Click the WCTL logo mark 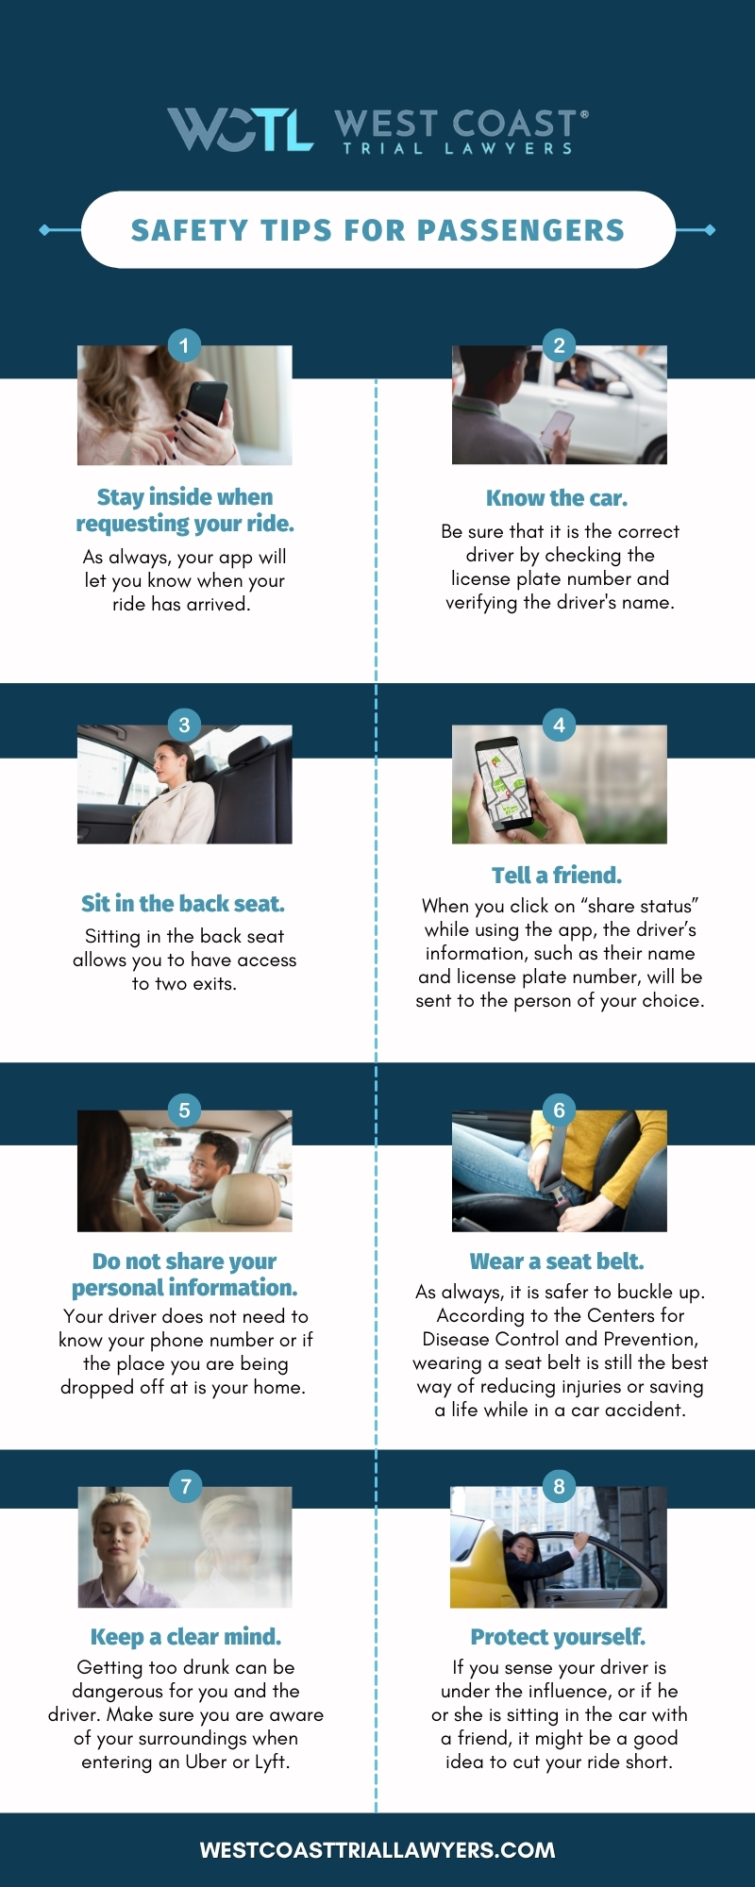[240, 129]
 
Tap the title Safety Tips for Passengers [377, 230]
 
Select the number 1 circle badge [184, 345]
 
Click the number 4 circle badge [559, 725]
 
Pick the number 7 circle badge [186, 1487]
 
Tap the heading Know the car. [557, 498]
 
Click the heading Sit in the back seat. [183, 904]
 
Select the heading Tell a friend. [557, 876]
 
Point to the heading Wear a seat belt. [557, 1261]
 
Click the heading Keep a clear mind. [186, 1637]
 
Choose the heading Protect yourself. [558, 1637]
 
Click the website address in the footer [377, 1850]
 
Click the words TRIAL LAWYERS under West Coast [458, 148]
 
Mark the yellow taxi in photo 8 [481, 1557]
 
